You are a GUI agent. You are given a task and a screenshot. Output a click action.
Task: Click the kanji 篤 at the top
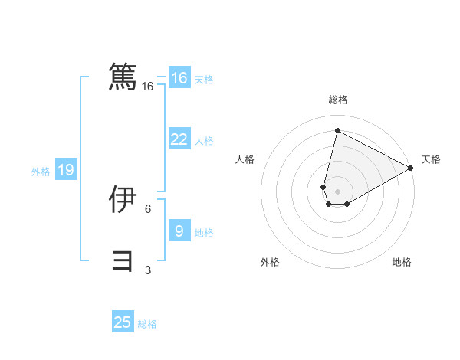point(123,77)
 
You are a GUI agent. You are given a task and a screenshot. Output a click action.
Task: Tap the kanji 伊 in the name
point(123,200)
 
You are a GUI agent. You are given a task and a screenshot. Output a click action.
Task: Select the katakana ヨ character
point(123,260)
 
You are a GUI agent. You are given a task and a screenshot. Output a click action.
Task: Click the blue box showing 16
point(179,78)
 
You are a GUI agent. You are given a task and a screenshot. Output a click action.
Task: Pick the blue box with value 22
point(179,139)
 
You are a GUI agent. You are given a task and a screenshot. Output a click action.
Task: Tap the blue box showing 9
point(179,231)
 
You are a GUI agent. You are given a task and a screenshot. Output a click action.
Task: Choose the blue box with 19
point(65,170)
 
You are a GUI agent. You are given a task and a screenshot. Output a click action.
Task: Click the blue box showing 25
point(123,322)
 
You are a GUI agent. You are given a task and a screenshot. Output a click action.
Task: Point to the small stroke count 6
point(148,208)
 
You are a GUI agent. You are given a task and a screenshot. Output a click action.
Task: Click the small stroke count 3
point(148,270)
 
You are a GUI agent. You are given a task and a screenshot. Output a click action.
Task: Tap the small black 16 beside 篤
point(148,87)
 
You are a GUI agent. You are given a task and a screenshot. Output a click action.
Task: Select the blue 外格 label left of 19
point(41,172)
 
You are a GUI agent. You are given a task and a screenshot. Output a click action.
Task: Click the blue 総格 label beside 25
point(147,324)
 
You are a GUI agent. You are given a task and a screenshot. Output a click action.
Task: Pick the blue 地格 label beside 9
point(204,233)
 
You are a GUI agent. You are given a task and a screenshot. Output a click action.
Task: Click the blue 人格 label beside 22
point(204,141)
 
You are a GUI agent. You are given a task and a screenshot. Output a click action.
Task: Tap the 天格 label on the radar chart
point(431,159)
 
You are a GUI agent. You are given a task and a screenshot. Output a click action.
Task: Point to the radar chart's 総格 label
point(338,100)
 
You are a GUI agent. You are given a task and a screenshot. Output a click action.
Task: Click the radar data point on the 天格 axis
point(411,168)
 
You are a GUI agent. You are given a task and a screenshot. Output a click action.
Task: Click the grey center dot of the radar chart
point(337,191)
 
